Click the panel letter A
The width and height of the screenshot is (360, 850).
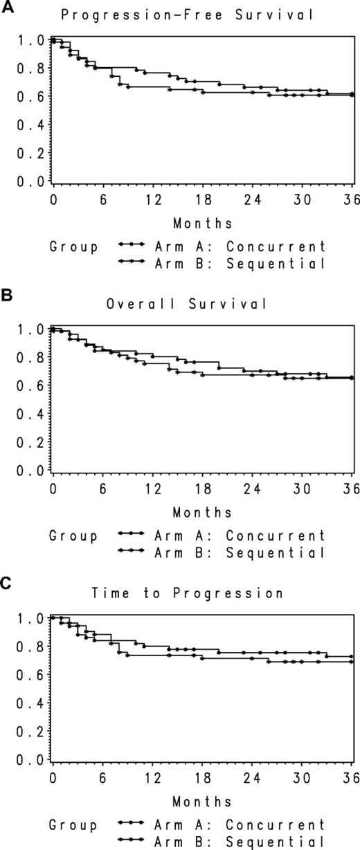coord(6,7)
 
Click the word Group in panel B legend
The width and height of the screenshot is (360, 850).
coord(73,535)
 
